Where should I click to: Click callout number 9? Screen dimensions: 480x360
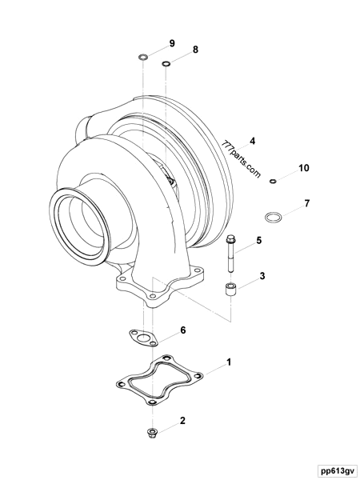click(x=171, y=42)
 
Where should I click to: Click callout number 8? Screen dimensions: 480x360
click(x=195, y=50)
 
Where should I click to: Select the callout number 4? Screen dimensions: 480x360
click(x=252, y=141)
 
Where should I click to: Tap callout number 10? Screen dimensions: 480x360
click(x=303, y=168)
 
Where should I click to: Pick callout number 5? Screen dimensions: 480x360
click(x=258, y=239)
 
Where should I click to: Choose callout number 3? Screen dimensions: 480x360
click(x=261, y=277)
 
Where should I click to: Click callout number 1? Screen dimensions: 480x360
click(x=230, y=362)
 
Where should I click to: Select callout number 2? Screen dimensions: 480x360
click(x=182, y=419)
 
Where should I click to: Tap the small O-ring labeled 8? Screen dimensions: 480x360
click(x=166, y=65)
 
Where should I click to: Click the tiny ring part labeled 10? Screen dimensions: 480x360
click(x=273, y=182)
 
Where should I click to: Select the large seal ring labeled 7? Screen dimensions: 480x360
click(x=274, y=217)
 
